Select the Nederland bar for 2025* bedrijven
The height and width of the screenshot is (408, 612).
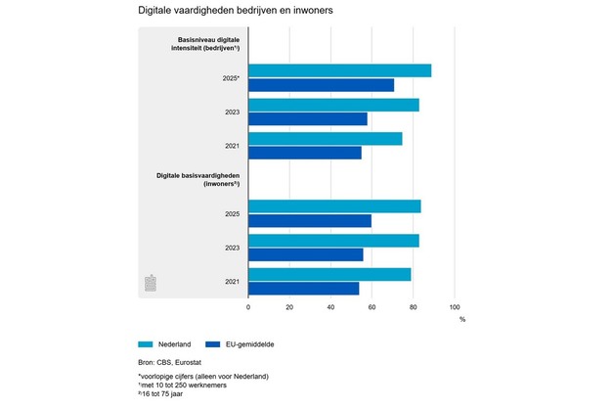point(339,70)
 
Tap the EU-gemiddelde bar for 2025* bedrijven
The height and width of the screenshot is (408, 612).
point(321,85)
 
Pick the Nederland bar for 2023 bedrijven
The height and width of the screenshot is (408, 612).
point(333,105)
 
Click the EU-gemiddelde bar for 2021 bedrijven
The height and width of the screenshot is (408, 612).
point(305,153)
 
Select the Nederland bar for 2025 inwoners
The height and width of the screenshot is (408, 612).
point(334,205)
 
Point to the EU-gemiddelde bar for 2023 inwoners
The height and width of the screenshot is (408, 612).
point(306,254)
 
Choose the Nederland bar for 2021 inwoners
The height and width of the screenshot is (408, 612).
point(329,274)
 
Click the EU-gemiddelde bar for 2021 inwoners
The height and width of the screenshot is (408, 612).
point(304,288)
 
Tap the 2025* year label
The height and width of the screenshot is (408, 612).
point(230,78)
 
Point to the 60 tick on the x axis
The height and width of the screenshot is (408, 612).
point(372,307)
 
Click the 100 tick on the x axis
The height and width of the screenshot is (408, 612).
point(454,307)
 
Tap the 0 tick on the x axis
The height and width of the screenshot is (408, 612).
point(248,307)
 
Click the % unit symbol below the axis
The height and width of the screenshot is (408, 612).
point(462,320)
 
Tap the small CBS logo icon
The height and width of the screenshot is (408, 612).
point(151,283)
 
